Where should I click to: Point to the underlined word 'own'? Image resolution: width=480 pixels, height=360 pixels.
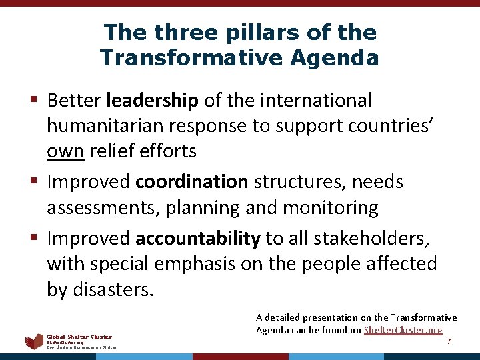point(65,151)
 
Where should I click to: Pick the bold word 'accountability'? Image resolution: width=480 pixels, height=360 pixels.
point(198,238)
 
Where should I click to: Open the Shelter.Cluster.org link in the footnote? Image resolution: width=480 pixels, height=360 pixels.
point(403,330)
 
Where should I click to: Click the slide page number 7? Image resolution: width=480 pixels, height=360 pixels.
point(449,341)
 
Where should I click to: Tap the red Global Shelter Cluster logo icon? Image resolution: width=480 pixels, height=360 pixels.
point(34,342)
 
